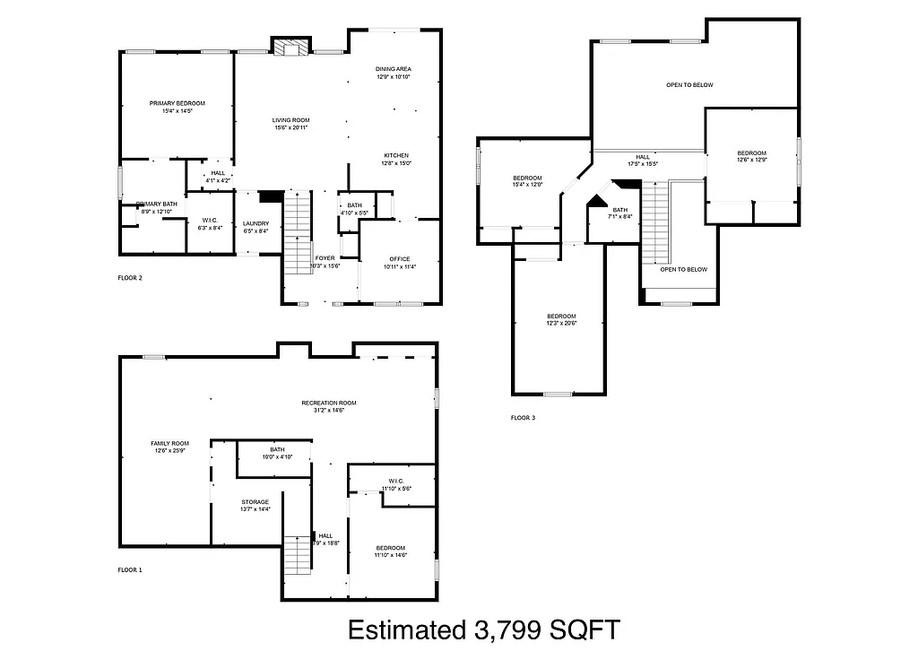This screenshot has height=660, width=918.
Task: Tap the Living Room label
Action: [x=291, y=120]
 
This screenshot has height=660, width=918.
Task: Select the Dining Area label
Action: [x=393, y=69]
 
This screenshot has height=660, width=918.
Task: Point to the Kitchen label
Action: [x=395, y=155]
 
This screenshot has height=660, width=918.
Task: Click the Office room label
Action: [x=399, y=259]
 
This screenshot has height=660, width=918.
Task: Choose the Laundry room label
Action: [x=255, y=223]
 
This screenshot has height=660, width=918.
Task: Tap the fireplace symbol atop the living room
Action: [x=290, y=48]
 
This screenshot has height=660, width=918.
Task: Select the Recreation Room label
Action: [x=328, y=403]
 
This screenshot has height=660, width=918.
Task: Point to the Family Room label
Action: [x=169, y=443]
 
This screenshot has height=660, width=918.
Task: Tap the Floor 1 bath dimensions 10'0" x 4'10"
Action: [x=277, y=456]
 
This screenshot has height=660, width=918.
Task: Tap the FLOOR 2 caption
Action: [x=130, y=278]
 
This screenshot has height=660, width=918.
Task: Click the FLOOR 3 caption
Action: [x=523, y=418]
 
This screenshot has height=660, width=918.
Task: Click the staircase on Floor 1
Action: [x=297, y=556]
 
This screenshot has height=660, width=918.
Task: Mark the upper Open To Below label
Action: [x=689, y=85]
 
